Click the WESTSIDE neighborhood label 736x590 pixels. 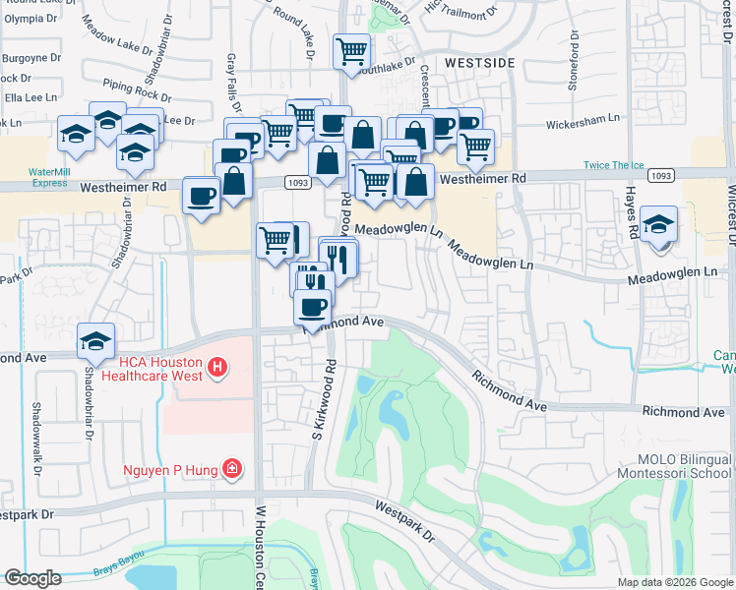click(x=479, y=62)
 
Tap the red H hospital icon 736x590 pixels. click(x=219, y=369)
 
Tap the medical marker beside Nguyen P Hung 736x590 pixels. click(x=232, y=468)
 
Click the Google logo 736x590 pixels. click(x=32, y=578)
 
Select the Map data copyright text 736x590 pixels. click(x=674, y=582)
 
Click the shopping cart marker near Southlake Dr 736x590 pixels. click(x=351, y=51)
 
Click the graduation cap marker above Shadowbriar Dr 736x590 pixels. click(x=95, y=341)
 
